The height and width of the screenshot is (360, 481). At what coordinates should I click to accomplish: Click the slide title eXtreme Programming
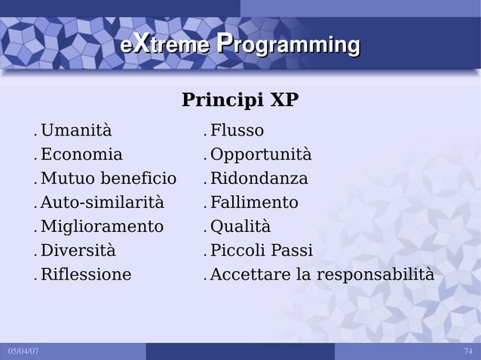coord(240,45)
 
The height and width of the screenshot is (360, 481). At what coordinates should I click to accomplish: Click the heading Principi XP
coord(240,100)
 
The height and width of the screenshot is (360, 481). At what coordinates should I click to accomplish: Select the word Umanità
coord(75,131)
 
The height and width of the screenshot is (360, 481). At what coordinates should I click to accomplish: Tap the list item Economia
coord(81,155)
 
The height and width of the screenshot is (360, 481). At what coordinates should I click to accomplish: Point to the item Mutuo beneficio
coord(108,179)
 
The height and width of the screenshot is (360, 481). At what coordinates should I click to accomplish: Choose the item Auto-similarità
coord(102,203)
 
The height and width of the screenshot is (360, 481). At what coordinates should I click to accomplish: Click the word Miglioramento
coord(102,227)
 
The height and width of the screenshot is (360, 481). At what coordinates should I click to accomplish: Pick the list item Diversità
coord(78,251)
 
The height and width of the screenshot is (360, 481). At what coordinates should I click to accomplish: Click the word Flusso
coord(237,131)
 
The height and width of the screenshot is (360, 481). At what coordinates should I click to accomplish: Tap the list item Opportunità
coord(260,155)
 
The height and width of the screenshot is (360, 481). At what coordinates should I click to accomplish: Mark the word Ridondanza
coord(259,179)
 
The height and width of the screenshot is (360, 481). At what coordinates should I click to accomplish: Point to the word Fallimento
coord(254,203)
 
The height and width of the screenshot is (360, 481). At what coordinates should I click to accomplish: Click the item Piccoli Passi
coord(261,251)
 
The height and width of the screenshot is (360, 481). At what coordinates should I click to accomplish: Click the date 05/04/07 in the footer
coord(23,352)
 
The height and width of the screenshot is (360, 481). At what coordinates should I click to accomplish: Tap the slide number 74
coord(468,352)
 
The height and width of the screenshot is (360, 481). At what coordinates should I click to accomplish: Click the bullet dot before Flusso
coord(205,136)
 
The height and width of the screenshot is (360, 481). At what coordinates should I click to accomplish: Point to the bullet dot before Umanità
coord(35,136)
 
